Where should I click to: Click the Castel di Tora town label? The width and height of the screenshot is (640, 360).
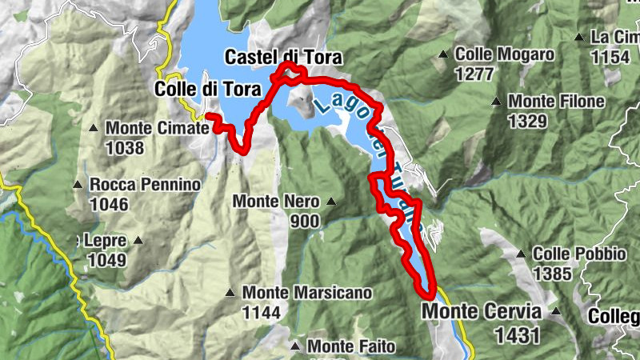click(x=283, y=58)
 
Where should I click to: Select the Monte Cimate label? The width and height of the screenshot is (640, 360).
click(x=153, y=128)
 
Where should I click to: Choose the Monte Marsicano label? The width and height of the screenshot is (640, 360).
click(x=306, y=294)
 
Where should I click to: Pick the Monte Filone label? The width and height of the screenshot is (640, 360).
click(x=556, y=102)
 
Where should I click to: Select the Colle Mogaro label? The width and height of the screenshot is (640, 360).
click(x=504, y=55)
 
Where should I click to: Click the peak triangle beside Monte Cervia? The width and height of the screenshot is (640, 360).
click(x=555, y=312)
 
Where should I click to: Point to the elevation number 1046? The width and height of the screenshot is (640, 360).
click(x=109, y=205)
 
